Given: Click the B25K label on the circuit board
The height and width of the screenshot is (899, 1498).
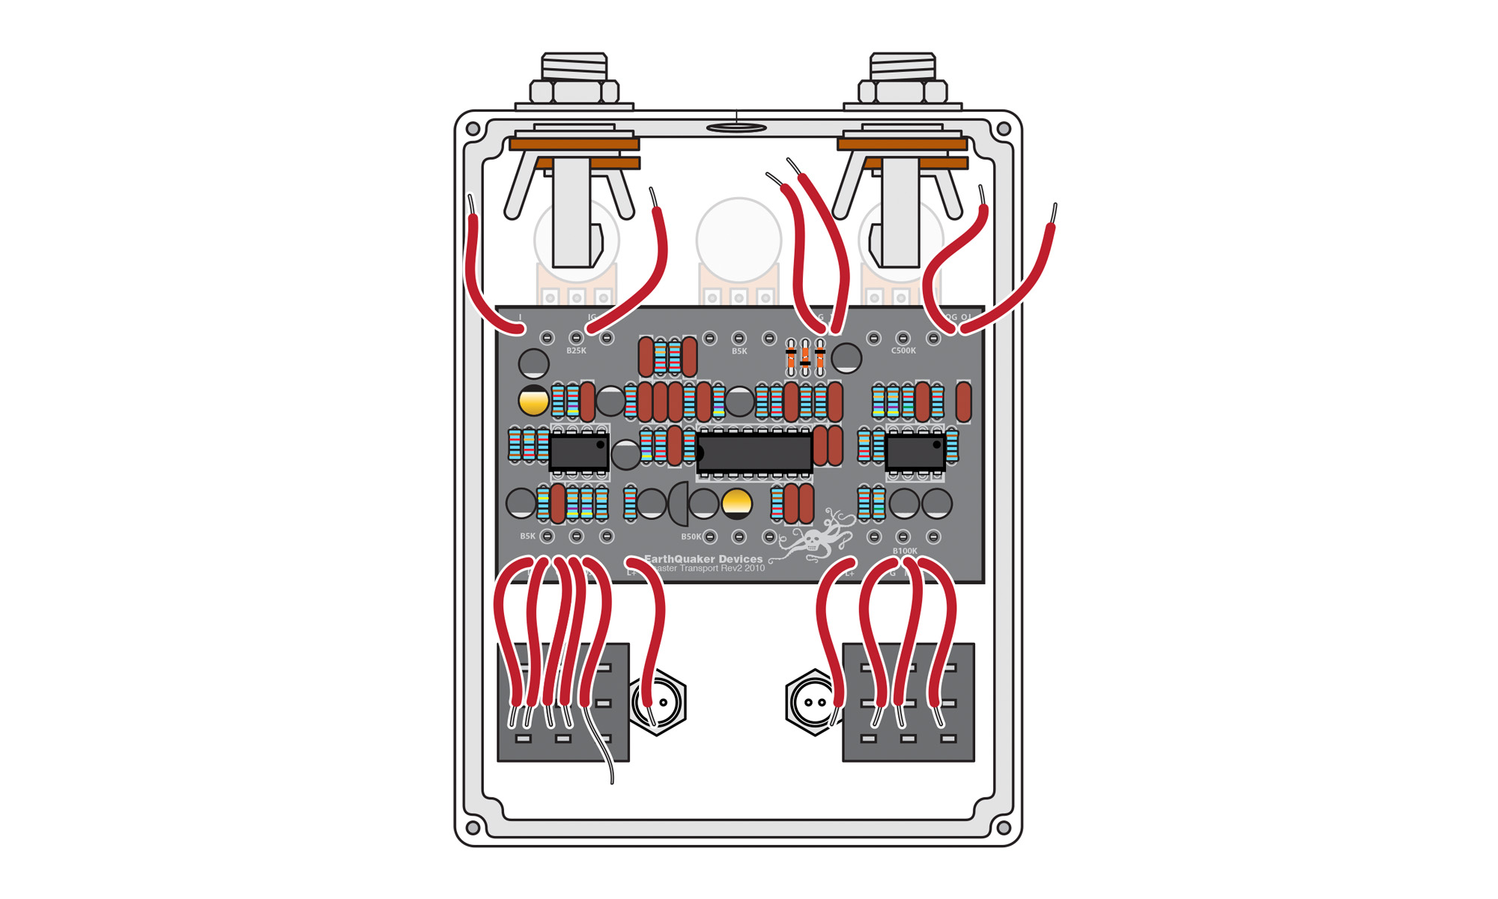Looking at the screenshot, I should (x=576, y=351).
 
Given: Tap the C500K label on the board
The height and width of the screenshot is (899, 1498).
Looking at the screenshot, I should (x=903, y=351).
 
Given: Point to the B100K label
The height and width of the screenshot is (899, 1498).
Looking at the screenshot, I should (x=905, y=551).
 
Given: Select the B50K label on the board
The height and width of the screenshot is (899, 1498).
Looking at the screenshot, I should (x=691, y=536).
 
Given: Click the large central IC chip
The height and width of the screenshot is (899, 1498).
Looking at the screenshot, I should (x=754, y=452).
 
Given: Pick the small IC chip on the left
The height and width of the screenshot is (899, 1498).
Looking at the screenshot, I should (x=579, y=452).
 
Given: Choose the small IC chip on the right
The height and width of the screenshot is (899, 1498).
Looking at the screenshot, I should (x=915, y=452).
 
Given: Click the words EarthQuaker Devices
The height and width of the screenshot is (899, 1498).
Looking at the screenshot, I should (x=704, y=559).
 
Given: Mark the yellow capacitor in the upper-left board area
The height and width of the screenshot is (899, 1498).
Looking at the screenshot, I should (x=533, y=401).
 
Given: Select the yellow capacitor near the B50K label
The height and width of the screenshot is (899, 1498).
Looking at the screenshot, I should (x=736, y=503).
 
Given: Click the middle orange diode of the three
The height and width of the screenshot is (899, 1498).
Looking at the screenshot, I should (x=805, y=358).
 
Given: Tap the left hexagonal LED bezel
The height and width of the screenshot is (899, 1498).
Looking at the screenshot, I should (x=657, y=703).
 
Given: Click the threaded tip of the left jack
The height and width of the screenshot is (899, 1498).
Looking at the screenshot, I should (x=574, y=66).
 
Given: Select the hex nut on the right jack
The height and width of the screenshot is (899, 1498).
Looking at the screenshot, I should (x=902, y=91).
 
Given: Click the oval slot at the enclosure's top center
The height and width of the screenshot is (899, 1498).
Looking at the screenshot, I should (x=736, y=128).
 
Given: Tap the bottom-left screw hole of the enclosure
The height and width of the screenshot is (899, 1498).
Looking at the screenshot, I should (x=473, y=828).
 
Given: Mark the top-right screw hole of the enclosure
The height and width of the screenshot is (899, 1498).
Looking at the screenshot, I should (x=1004, y=129).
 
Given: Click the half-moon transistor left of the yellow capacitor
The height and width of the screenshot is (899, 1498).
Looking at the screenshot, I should (x=679, y=503).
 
